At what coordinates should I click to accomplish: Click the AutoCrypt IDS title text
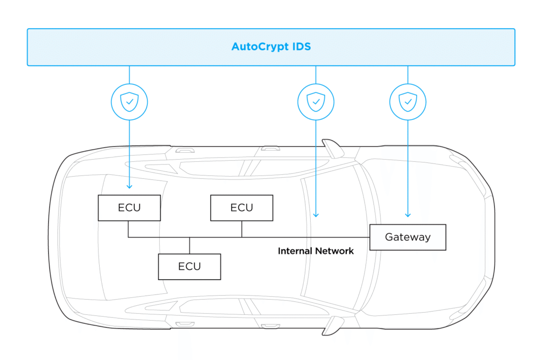[x=271, y=47]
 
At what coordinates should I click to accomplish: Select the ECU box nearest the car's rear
[x=129, y=207]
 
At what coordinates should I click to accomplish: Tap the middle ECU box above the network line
[x=241, y=207]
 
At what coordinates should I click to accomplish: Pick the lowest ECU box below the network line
[x=189, y=266]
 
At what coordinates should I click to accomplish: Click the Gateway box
[x=407, y=237]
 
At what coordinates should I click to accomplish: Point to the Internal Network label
[x=316, y=251]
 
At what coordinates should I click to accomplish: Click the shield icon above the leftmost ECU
[x=129, y=101]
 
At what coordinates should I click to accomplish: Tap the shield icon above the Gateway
[x=408, y=101]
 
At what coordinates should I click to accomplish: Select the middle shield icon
[x=316, y=101]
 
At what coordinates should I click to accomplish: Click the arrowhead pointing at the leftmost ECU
[x=129, y=187]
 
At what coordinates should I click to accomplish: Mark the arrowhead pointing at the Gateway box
[x=408, y=215]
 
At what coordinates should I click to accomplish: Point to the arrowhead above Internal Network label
[x=316, y=215]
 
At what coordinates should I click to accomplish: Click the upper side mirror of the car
[x=332, y=148]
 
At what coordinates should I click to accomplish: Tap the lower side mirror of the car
[x=332, y=324]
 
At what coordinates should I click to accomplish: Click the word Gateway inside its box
[x=407, y=237]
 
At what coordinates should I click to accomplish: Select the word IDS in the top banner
[x=301, y=47]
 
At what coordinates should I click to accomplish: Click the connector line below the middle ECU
[x=242, y=229]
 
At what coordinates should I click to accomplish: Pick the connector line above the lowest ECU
[x=189, y=245]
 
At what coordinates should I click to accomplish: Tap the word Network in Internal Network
[x=334, y=251]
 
